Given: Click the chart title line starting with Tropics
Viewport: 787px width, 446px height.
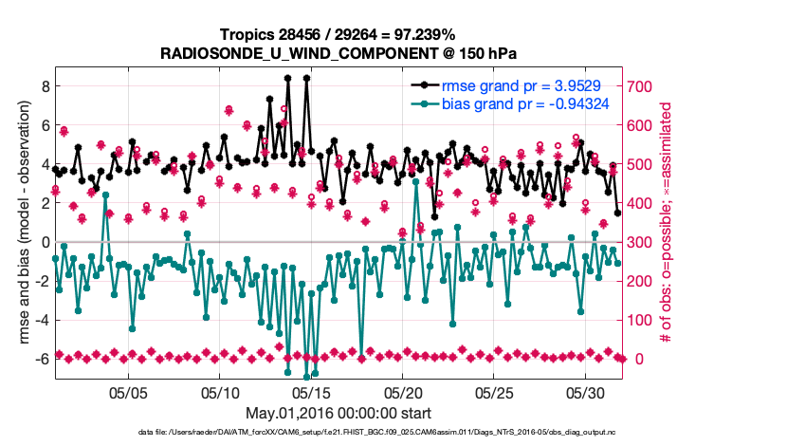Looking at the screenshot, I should pyautogui.click(x=339, y=34).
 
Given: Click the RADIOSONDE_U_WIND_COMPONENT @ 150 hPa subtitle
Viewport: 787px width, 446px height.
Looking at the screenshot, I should pyautogui.click(x=339, y=52).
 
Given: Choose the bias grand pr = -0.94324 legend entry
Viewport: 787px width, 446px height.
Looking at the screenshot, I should pyautogui.click(x=524, y=103).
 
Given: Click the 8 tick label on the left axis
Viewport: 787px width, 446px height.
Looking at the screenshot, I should pyautogui.click(x=44, y=85).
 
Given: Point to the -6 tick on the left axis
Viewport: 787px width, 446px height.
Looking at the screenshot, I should pyautogui.click(x=41, y=359).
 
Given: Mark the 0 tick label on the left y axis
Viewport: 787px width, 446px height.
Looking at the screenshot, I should pyautogui.click(x=44, y=242).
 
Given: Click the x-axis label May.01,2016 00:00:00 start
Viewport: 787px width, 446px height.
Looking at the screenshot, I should pyautogui.click(x=339, y=413).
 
